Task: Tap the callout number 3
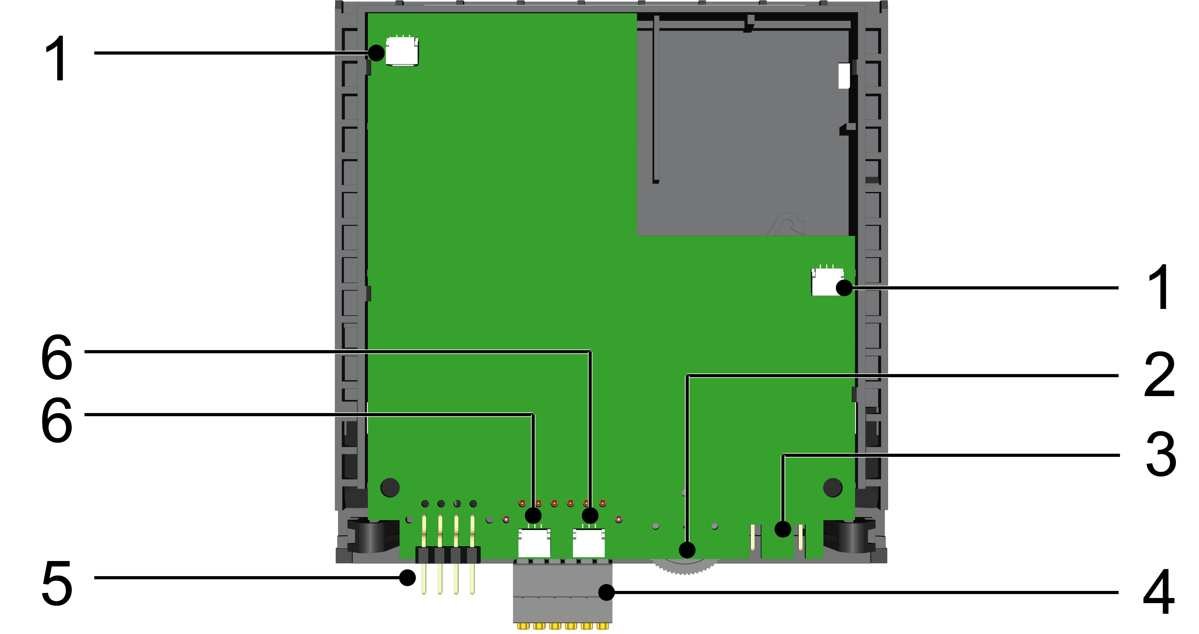(1161, 454)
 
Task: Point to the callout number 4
(1159, 591)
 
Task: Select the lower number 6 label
(57, 420)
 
